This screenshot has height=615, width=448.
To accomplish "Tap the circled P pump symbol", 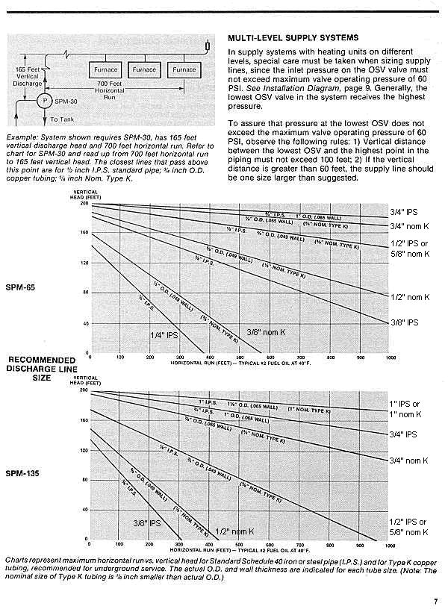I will point(44,101).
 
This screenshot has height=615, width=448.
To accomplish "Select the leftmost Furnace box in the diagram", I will point(105,70).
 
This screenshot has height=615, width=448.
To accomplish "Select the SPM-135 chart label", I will point(24,474).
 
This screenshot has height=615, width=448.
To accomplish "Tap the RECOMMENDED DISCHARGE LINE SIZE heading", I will point(37,368).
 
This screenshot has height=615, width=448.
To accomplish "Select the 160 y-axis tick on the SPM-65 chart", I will point(84,233).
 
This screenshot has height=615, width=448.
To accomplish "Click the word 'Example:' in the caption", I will point(21,137).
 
